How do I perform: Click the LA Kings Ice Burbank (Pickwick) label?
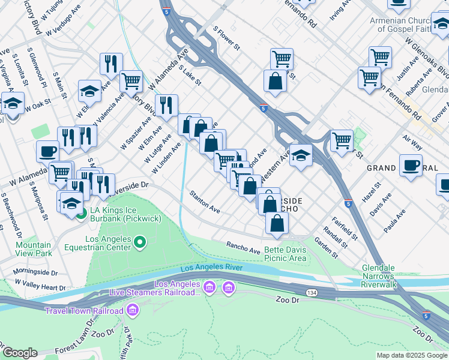[x=125, y=214]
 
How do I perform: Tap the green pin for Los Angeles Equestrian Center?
[x=140, y=242]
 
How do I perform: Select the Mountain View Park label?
[x=34, y=249]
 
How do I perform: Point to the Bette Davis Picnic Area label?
[x=286, y=254]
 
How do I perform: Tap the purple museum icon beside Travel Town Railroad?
[x=133, y=310]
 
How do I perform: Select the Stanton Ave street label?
[x=205, y=201]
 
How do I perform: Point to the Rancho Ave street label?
[x=243, y=246]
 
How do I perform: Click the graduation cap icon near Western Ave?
[x=301, y=155]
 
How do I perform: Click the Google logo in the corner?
[x=19, y=353]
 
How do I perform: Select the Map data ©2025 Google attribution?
[x=411, y=355]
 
